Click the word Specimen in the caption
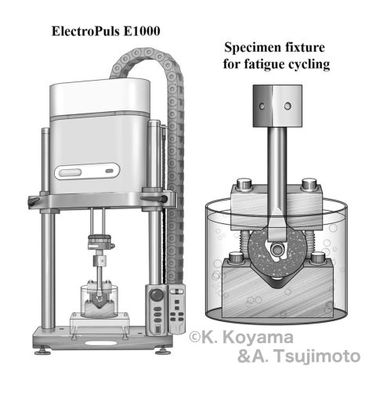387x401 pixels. click(x=250, y=48)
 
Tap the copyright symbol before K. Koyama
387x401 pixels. click(x=194, y=337)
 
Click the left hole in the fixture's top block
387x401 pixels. click(x=262, y=107)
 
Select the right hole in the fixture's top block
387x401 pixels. click(x=288, y=106)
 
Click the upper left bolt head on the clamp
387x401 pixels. click(x=244, y=183)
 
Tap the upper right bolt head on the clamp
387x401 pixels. click(x=309, y=183)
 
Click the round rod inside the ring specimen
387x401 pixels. click(x=277, y=250)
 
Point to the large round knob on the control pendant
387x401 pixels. click(x=157, y=295)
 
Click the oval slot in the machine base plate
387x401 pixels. click(x=101, y=343)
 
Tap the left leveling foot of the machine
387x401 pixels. click(x=42, y=351)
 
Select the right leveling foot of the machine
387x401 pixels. click(x=163, y=351)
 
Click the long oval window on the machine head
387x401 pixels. click(x=70, y=172)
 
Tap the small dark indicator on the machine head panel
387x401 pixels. click(x=109, y=172)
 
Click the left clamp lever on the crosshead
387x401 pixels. click(x=34, y=201)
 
